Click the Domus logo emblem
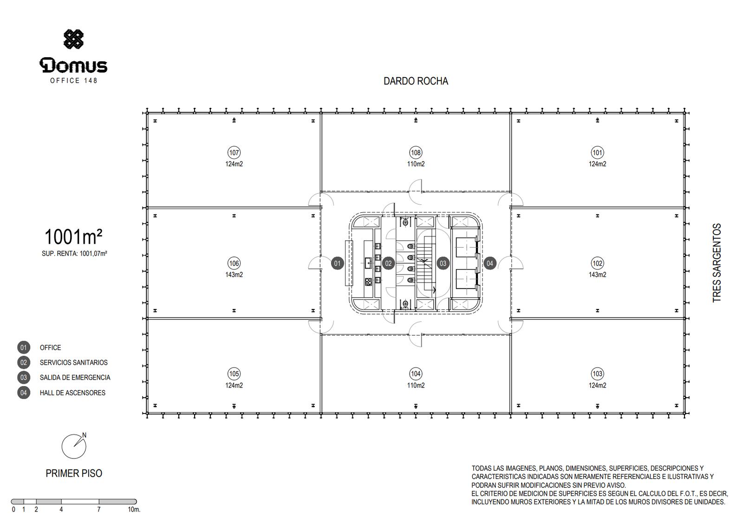point(74,39)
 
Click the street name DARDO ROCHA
point(416,81)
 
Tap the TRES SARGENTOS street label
point(717,263)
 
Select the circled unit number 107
point(234,153)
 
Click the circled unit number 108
point(416,153)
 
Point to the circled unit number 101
point(597,153)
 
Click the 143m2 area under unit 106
point(234,275)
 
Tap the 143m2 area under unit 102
point(597,275)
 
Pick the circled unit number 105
point(234,374)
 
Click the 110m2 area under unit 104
point(416,385)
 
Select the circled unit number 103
point(597,374)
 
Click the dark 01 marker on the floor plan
point(337,263)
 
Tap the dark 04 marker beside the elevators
point(490,263)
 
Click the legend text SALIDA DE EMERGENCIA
point(75,378)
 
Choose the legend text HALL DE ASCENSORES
point(72,393)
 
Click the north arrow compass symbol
point(74,446)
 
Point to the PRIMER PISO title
point(74,473)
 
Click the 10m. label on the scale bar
point(134,509)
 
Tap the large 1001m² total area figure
point(73,236)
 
